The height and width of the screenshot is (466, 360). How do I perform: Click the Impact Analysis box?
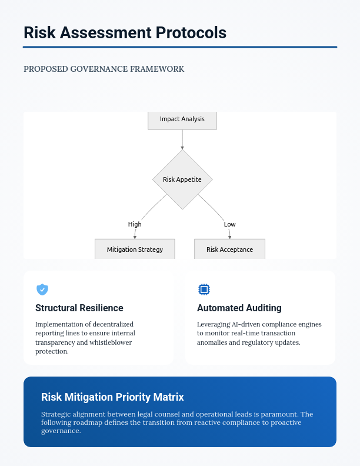coord(182,119)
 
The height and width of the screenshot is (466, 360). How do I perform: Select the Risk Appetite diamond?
coord(182,179)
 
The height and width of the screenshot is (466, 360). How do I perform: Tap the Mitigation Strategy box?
coord(135,249)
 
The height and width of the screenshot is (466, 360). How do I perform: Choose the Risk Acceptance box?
coord(229,249)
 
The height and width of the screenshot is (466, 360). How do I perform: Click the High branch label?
coord(135,224)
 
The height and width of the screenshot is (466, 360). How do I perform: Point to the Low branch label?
coord(229,224)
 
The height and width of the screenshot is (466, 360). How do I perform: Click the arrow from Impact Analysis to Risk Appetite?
coord(182,139)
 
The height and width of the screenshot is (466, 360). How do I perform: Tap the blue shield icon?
coord(42,289)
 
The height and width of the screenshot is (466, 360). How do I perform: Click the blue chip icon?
coord(204,289)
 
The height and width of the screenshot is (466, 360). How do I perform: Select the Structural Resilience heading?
coord(79,308)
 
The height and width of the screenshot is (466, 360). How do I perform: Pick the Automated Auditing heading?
coord(239,308)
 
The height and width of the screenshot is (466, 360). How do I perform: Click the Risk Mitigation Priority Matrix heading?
coord(112,397)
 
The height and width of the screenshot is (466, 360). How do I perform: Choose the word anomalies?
coord(215,342)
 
